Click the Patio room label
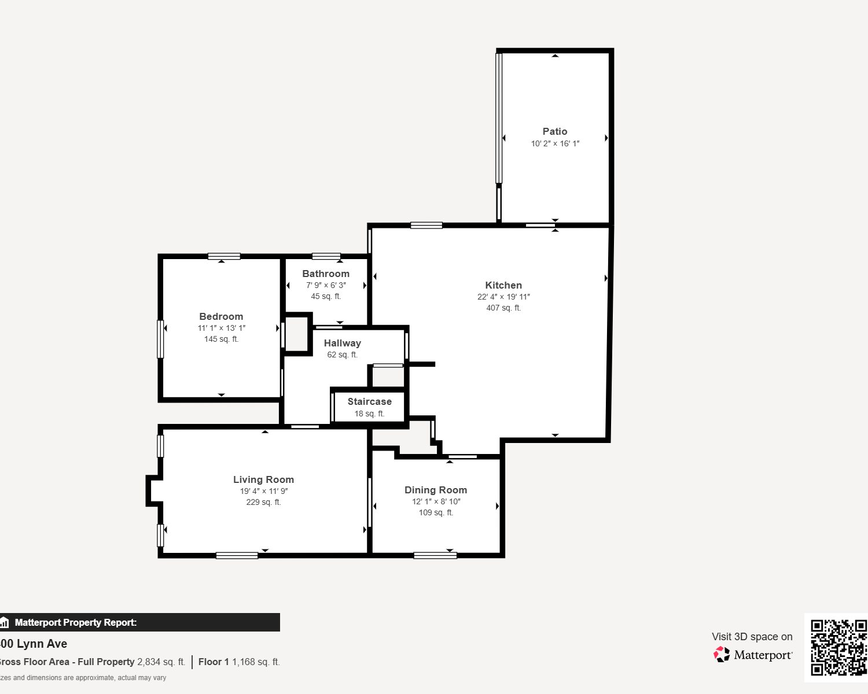pos(554,131)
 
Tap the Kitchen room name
pos(503,285)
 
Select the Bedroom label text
pos(221,316)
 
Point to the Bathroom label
pos(326,274)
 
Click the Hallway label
pos(343,343)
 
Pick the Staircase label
pos(369,401)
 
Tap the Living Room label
pos(263,479)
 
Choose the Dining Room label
pos(436,490)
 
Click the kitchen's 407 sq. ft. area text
pos(503,308)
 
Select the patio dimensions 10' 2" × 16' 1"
pos(555,143)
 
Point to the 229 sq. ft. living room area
pos(263,503)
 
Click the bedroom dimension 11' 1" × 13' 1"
pos(222,328)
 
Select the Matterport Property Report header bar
pos(140,622)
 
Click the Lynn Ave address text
pos(34,644)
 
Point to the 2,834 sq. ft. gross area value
pos(161,662)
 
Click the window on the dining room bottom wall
pos(435,556)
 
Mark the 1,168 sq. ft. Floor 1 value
pos(256,662)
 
